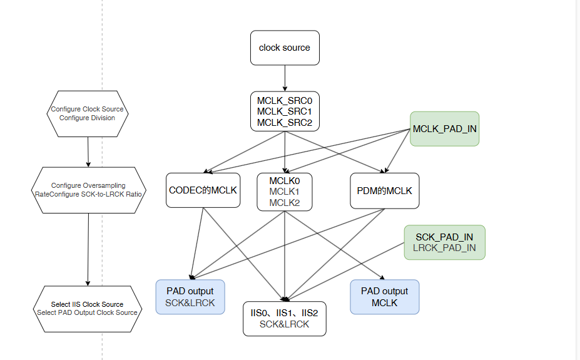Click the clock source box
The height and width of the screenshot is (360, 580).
(x=285, y=48)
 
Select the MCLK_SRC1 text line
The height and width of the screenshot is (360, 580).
(x=285, y=111)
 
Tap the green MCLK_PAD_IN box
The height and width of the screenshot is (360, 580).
(x=444, y=130)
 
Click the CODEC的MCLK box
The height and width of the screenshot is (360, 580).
(x=203, y=190)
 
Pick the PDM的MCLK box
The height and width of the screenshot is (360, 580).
(x=384, y=190)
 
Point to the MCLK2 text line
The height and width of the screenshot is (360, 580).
(x=285, y=202)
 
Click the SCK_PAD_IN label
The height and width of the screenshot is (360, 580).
(x=444, y=237)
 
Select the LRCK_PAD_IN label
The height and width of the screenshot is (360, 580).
(x=444, y=248)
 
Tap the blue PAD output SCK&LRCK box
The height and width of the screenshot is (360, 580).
(x=190, y=297)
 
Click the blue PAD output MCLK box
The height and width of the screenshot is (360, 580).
(x=384, y=297)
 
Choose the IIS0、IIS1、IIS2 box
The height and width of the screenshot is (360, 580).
(x=285, y=318)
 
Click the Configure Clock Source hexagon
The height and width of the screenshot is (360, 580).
(x=87, y=113)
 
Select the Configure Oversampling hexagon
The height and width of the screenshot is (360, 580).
(x=88, y=190)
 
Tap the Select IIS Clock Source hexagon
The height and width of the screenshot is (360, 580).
(x=87, y=309)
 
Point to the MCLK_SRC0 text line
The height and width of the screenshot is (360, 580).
(x=285, y=100)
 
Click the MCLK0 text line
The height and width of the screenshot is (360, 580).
(x=285, y=180)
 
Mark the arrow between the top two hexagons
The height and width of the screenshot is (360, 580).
(x=88, y=152)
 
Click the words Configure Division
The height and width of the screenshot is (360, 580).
(x=87, y=118)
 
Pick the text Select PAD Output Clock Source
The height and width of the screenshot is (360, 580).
(x=87, y=312)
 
